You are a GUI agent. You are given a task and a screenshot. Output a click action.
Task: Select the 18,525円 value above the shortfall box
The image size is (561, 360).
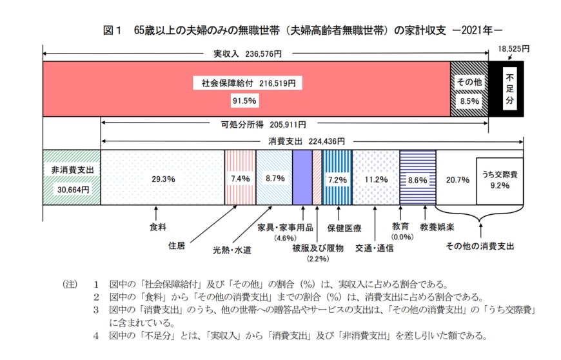[513, 49]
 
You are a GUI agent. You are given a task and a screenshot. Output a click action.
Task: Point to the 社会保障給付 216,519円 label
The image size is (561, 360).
[248, 84]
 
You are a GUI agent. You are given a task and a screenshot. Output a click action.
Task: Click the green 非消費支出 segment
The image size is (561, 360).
[72, 177]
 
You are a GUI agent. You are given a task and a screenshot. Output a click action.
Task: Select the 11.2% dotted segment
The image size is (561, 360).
[375, 179]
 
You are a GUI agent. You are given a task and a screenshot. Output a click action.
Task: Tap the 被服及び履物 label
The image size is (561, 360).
[317, 247]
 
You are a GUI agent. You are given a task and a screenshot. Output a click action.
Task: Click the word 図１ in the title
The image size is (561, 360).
[113, 30]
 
